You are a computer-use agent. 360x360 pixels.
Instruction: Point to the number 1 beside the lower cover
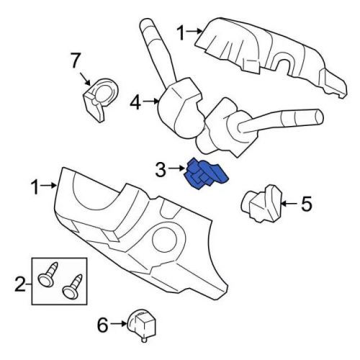point(36,187)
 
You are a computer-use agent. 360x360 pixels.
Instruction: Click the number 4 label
point(135,104)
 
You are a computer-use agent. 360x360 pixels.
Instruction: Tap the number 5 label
point(307,204)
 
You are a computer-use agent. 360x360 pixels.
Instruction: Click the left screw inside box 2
point(49,274)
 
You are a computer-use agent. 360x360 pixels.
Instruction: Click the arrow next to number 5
point(288,204)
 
